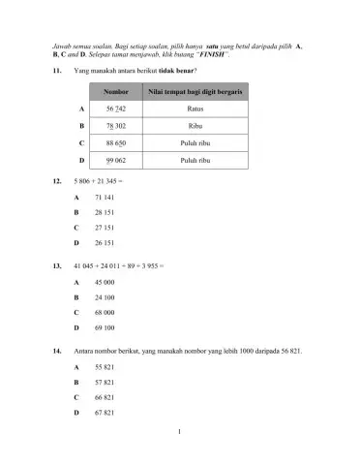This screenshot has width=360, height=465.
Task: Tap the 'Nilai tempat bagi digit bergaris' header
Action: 195,92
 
